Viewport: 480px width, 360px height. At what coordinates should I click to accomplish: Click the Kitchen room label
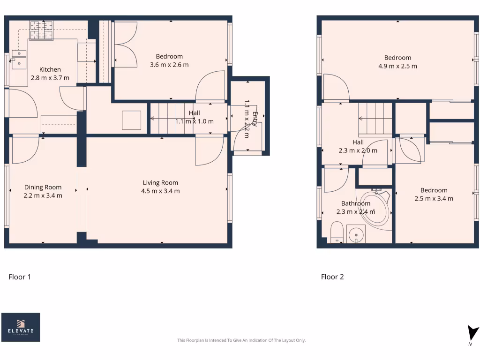[x=50, y=69]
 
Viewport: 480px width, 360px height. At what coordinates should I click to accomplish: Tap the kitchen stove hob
[x=41, y=30]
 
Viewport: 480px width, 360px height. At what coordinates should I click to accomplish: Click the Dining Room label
[x=43, y=187]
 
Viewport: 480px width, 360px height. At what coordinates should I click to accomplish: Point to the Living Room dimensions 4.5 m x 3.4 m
[x=160, y=191]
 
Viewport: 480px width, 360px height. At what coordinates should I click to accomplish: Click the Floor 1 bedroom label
[x=169, y=57]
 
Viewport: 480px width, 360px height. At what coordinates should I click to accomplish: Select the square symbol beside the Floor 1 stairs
[x=131, y=120]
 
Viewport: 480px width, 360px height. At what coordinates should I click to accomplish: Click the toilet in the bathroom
[x=336, y=233]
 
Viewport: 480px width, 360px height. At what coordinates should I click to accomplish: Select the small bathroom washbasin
[x=356, y=233]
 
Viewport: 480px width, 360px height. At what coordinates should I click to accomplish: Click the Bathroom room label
[x=355, y=203]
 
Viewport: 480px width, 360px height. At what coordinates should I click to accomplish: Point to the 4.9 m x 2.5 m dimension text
[x=397, y=66]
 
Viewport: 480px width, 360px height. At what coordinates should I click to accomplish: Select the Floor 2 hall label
[x=358, y=142]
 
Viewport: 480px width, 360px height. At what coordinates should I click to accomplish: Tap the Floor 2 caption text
[x=332, y=277]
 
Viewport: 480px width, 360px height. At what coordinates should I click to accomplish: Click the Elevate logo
[x=21, y=327]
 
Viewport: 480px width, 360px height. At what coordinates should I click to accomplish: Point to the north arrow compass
[x=472, y=334]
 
